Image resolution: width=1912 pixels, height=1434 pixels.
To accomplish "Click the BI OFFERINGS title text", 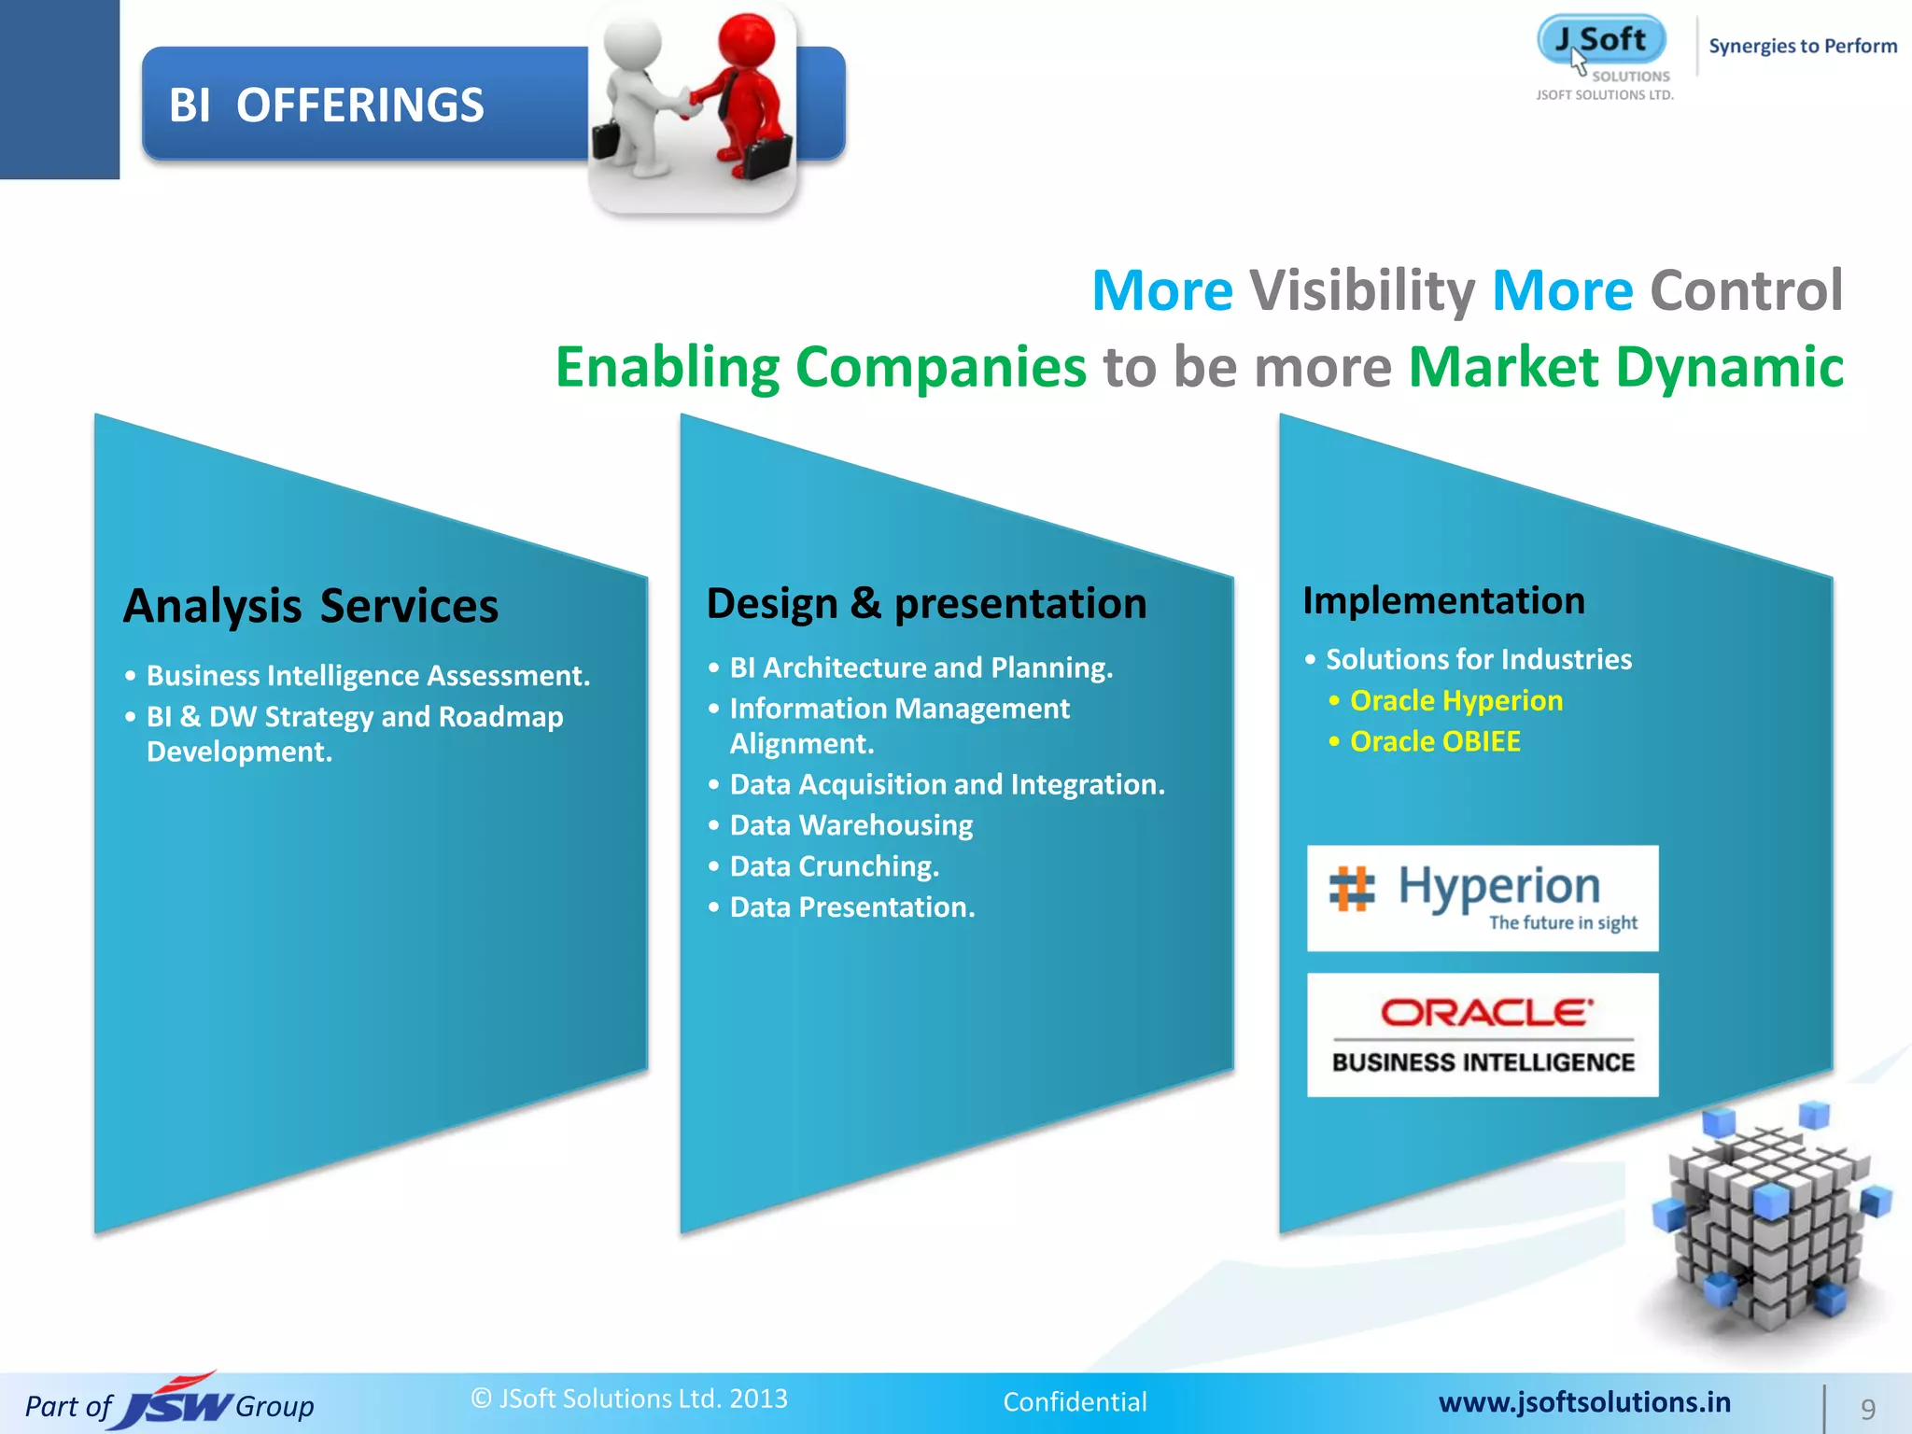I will click(326, 105).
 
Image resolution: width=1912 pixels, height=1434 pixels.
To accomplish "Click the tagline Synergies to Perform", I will click(1802, 46).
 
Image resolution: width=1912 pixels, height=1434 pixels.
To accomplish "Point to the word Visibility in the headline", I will click(1361, 290).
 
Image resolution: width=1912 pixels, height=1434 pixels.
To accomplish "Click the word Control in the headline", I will click(1746, 290).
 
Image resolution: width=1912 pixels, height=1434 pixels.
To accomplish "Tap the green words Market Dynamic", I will click(1625, 367).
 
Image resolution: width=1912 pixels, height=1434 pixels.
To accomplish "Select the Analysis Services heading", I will click(311, 606).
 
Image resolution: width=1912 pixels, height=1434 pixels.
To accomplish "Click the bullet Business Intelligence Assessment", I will click(368, 675).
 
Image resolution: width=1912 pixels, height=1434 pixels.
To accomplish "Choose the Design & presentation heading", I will click(926, 603).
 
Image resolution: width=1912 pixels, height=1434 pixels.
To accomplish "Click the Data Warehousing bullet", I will click(851, 825).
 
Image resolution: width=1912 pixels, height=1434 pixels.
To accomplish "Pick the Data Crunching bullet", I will click(834, 866).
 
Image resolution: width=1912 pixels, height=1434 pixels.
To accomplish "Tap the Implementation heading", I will click(1443, 600).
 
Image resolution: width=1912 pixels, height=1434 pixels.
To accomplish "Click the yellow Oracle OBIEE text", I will click(1435, 741).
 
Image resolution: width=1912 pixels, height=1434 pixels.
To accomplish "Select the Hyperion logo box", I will click(1483, 898).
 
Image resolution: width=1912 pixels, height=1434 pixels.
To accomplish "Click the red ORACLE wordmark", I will click(1486, 1013).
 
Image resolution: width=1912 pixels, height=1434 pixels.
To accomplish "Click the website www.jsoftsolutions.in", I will click(1584, 1402).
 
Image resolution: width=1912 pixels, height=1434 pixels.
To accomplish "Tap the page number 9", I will click(1867, 1409).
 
